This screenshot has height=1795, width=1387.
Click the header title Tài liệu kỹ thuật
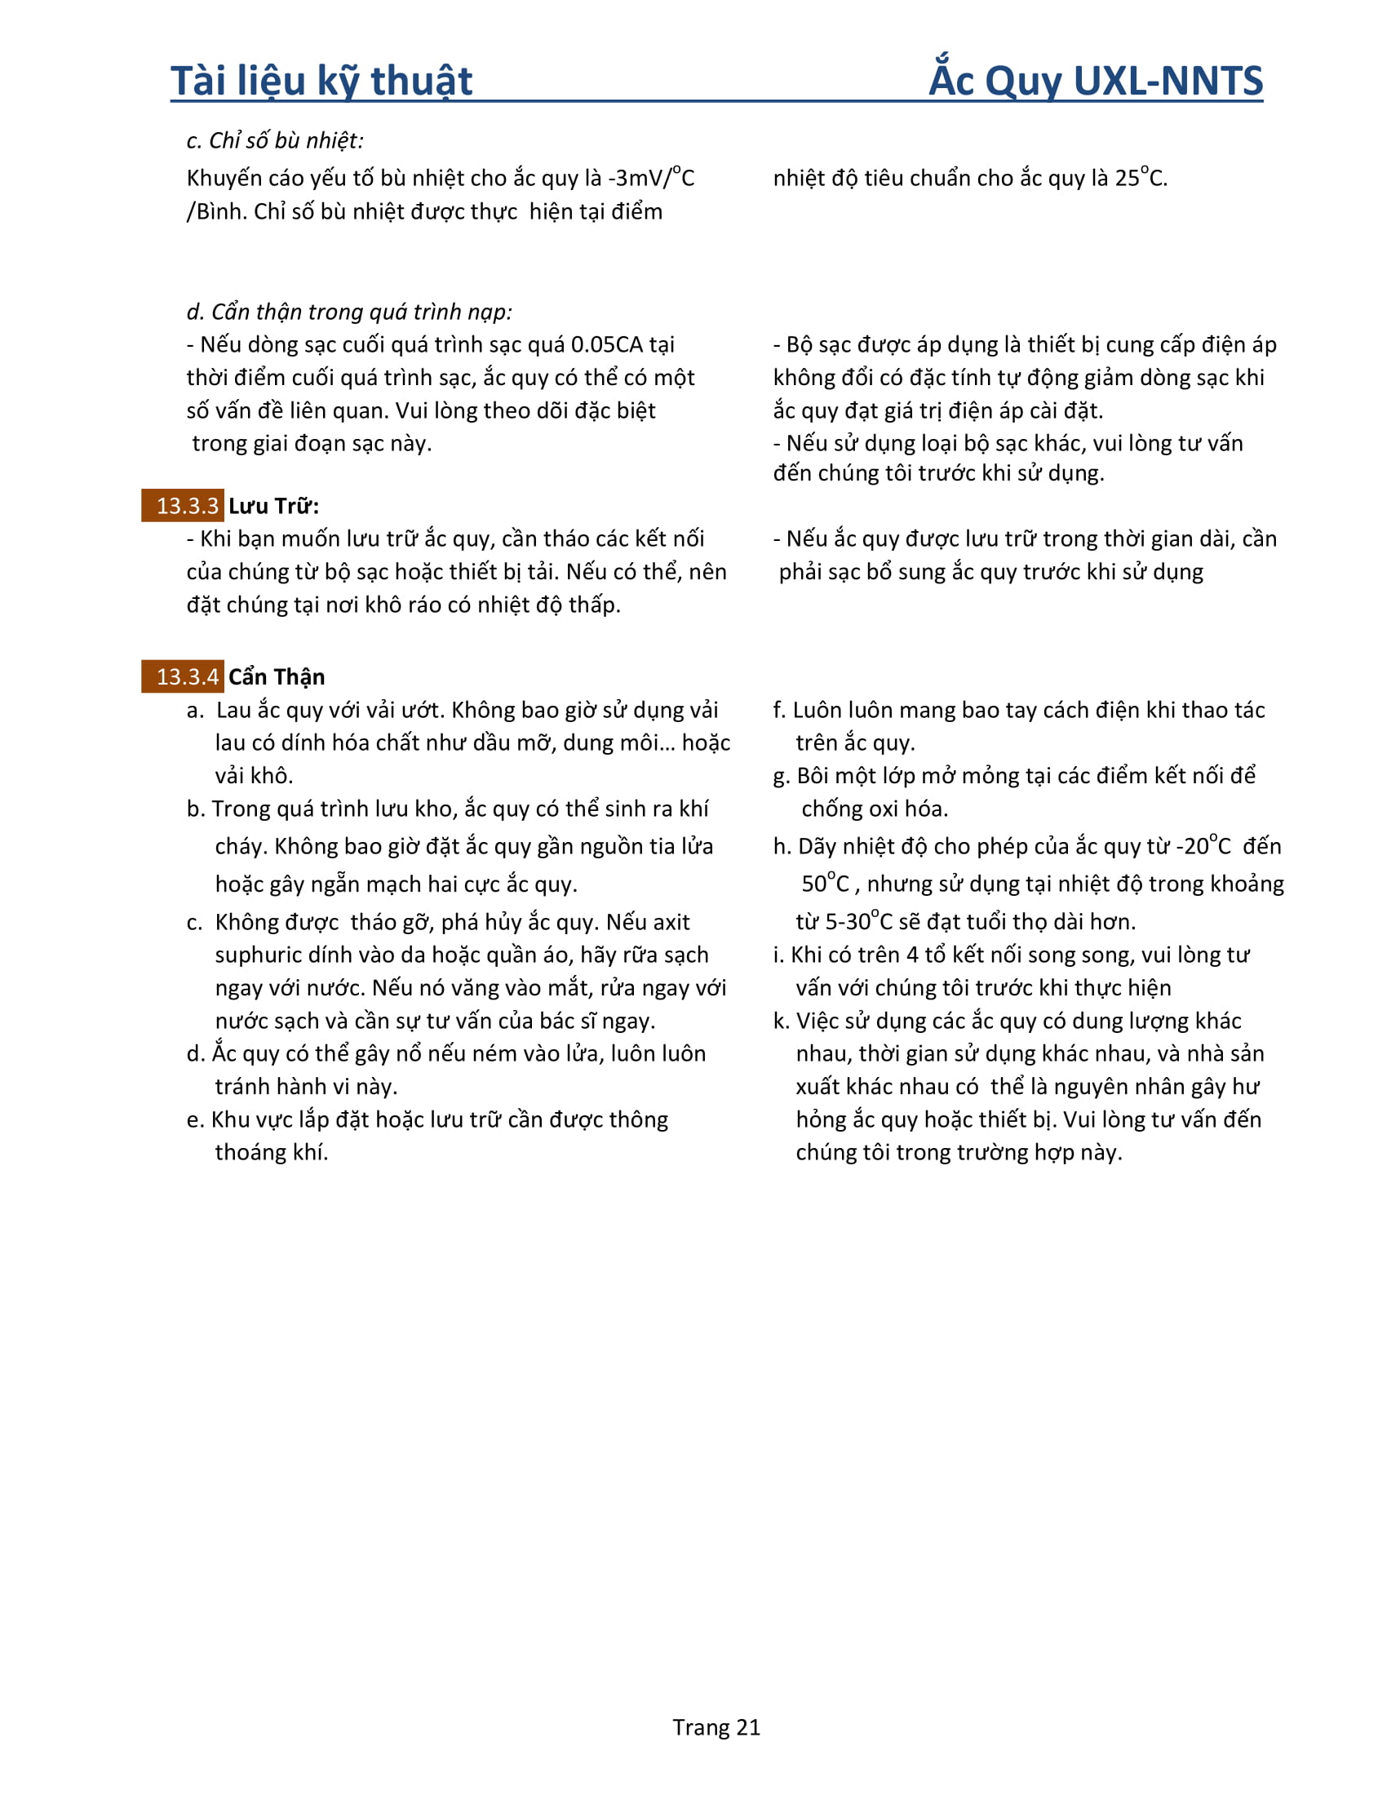click(x=321, y=82)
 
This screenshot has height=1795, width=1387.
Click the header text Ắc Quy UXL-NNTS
click(x=1095, y=81)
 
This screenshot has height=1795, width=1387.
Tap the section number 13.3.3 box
click(x=183, y=506)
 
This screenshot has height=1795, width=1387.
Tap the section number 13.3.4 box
click(x=183, y=676)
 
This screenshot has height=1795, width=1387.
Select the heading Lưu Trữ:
click(x=273, y=506)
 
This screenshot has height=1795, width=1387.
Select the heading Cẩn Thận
click(x=277, y=676)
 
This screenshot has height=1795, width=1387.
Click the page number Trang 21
click(x=716, y=1727)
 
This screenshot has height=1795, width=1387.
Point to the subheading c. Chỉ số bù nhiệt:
click(x=274, y=140)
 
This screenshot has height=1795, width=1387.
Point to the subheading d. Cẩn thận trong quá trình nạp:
click(x=349, y=312)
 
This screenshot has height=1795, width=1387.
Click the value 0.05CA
click(x=606, y=344)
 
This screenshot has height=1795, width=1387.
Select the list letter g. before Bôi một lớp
click(x=782, y=776)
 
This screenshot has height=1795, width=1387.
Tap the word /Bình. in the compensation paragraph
click(x=217, y=211)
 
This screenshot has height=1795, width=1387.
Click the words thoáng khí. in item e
click(x=272, y=1152)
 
